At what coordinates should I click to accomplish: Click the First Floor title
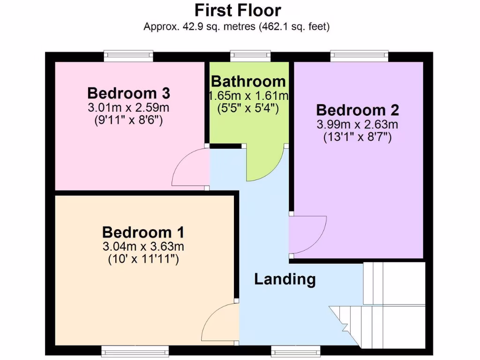(238, 10)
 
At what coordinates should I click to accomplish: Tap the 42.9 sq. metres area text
(237, 27)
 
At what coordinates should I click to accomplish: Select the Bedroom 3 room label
(128, 92)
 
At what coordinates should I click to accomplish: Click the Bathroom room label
(248, 81)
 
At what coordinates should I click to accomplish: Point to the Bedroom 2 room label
(358, 110)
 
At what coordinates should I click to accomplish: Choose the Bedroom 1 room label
(143, 232)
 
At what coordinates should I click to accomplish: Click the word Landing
(285, 279)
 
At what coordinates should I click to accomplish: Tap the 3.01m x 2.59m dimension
(128, 108)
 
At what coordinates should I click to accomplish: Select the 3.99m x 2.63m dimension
(358, 125)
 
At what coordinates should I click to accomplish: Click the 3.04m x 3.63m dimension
(143, 247)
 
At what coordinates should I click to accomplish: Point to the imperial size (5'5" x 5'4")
(248, 109)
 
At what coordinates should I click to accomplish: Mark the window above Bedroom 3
(128, 56)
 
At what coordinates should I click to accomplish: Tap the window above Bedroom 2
(360, 56)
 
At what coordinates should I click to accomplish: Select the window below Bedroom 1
(135, 351)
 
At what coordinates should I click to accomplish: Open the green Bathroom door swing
(263, 164)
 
